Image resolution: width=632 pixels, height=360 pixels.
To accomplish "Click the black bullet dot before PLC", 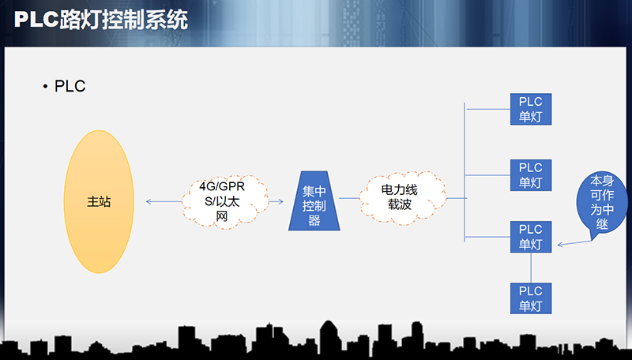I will coord(46,87).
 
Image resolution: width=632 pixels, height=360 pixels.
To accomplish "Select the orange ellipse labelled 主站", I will coord(98,201).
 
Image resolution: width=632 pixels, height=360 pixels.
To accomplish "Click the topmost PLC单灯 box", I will coord(530,110).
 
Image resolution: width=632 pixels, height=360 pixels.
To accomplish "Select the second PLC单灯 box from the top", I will coord(530,174).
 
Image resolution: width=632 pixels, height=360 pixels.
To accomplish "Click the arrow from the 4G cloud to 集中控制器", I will coord(276,202).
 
